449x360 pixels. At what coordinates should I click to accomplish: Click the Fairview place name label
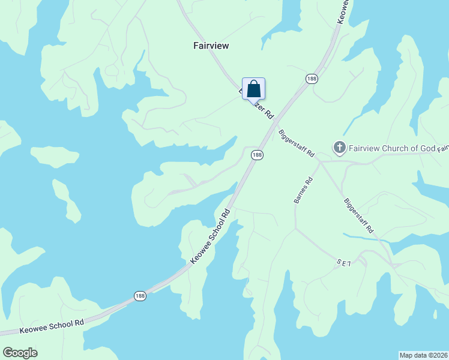coord(211,46)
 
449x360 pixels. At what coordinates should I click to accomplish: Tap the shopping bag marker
coord(254,89)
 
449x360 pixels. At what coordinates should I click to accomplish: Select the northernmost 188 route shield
coord(311,79)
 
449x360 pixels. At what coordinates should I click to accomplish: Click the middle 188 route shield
coord(257,155)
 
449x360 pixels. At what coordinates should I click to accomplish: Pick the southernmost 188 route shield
coord(139,296)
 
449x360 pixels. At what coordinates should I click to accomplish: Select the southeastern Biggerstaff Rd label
coord(359,215)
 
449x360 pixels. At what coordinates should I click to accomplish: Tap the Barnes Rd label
coord(304,190)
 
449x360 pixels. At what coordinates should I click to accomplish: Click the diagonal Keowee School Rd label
coord(211,236)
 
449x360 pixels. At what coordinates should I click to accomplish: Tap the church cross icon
coord(339,148)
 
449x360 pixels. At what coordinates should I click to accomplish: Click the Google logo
coord(20,353)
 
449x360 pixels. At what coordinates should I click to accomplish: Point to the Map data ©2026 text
coord(423,355)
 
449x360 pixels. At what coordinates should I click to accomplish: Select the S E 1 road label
coord(343,263)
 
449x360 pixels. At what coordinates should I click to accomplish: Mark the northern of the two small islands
coord(55,157)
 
